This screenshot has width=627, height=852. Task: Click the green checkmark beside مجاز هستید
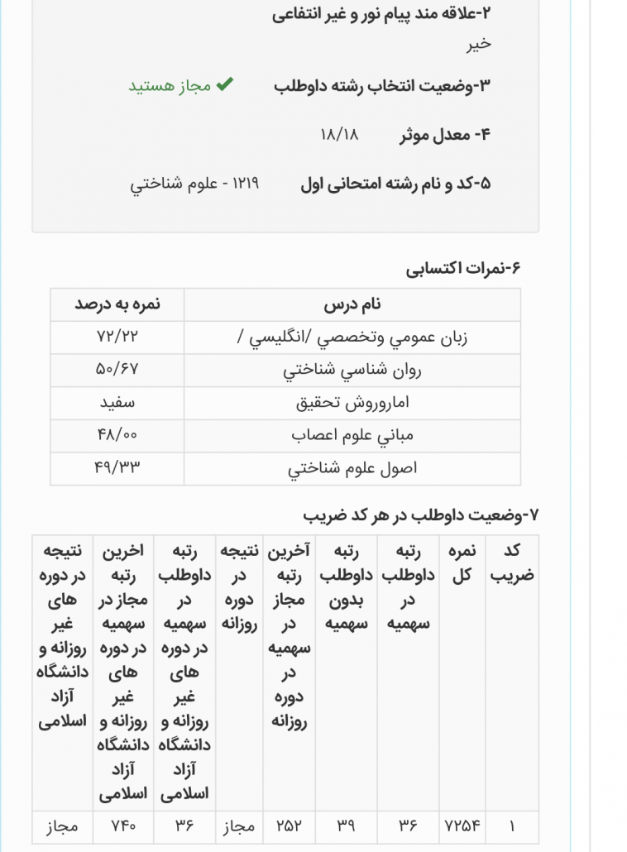point(225,85)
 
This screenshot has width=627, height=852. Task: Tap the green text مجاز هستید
point(170,86)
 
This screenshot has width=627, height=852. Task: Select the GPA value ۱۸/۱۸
point(339,134)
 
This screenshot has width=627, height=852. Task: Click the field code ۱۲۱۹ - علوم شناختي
point(194,184)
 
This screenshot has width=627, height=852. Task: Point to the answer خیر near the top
point(478,44)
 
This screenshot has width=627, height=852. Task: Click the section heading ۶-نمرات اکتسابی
point(463,268)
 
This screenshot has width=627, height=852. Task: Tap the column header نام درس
point(352,304)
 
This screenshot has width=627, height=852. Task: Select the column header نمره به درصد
point(117,304)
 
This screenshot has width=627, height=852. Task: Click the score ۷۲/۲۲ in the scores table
point(117,337)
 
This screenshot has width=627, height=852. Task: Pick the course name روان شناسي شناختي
point(352,371)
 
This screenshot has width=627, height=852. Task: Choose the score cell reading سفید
point(117,403)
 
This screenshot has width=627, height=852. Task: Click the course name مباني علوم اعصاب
point(352,436)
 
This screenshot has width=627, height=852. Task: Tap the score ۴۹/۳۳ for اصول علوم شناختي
point(117,468)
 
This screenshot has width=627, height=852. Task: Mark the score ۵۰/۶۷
point(117,371)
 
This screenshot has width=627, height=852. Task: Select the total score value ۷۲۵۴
point(462,826)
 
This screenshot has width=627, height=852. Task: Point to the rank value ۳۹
point(346,826)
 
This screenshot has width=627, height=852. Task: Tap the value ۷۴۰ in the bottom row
point(122,826)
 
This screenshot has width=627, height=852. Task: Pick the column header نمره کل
point(462,562)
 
